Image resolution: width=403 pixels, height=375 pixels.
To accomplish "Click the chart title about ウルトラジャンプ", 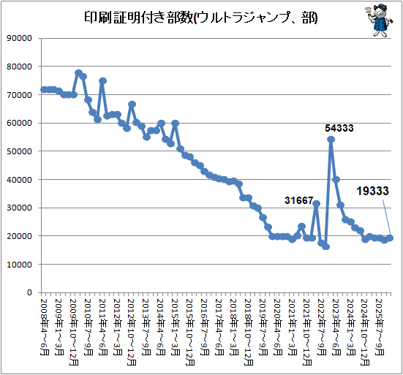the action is coord(200,18).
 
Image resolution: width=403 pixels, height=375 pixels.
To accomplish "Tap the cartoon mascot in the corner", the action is coord(379,20).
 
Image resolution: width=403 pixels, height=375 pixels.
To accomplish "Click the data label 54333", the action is coord(339,128).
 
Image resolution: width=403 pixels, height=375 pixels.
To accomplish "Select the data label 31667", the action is coord(298,200).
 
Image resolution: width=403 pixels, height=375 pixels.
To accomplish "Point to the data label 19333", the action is coord(372,191).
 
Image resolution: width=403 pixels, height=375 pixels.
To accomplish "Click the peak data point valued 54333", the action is coord(331,140).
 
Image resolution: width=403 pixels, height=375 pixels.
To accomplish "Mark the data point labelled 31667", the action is coord(317,204).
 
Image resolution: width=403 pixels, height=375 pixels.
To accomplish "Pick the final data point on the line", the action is coord(390,238).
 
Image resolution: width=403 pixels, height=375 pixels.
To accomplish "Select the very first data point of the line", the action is coord(44,90).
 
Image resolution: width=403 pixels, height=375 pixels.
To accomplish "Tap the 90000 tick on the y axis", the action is coord(19,38).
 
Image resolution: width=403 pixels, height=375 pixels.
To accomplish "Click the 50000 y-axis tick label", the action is coord(19,151).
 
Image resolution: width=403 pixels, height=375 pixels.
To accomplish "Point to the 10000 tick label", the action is coord(19,265).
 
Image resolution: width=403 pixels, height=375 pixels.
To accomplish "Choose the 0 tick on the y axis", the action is coord(29,292).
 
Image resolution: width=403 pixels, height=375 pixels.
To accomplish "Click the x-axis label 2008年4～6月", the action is coord(45,327).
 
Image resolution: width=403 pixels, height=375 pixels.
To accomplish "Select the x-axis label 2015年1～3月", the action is coord(176,327).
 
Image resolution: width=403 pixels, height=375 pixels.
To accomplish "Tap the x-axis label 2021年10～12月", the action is coord(307,332).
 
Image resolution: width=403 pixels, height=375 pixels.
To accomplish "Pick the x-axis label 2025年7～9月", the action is coord(380,327).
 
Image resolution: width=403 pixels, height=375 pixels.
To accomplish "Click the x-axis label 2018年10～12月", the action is coord(249,332).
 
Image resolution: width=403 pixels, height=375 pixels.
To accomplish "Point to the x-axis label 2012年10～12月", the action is coord(132,332).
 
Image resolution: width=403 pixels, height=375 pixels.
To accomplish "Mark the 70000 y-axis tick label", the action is coord(19,95).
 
